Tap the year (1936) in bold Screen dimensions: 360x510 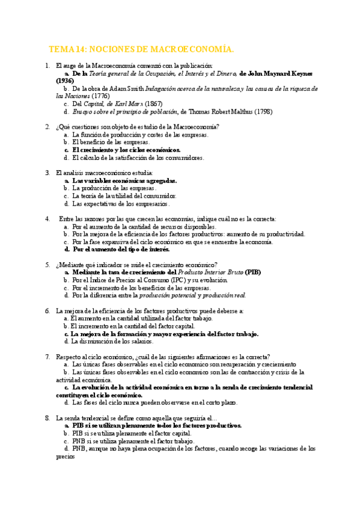(x=65, y=81)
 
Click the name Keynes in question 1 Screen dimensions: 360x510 (x=300, y=73)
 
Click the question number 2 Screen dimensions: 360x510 (x=47, y=127)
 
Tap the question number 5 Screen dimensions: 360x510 (x=47, y=265)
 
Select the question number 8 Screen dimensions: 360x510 (x=47, y=417)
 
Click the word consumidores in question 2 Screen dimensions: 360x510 (x=182, y=158)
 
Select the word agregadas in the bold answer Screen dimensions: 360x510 (x=157, y=180)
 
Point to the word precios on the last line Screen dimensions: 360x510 (x=66, y=456)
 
